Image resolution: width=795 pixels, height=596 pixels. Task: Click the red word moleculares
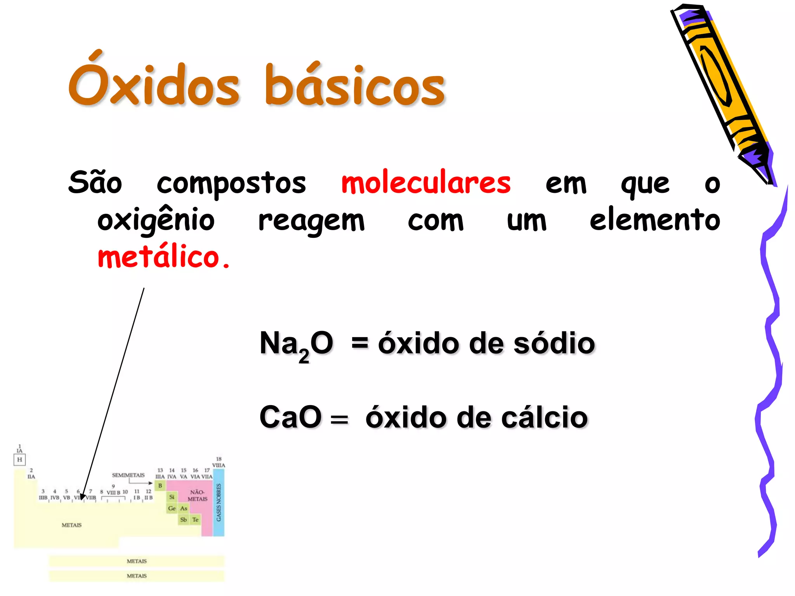click(x=426, y=183)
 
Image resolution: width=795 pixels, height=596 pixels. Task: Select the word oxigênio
click(x=156, y=220)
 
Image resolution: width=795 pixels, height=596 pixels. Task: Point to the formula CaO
click(x=290, y=418)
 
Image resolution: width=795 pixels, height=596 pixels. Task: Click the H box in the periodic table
click(x=19, y=460)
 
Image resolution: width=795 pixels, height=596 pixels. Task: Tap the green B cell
click(x=160, y=485)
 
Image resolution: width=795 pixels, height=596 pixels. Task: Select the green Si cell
click(x=172, y=497)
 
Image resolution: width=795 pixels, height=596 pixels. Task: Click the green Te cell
click(x=195, y=520)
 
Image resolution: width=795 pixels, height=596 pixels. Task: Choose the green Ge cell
click(x=172, y=508)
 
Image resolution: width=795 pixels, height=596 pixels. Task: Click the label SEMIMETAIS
click(x=128, y=475)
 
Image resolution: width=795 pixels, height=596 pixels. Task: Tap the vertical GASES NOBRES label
click(x=219, y=502)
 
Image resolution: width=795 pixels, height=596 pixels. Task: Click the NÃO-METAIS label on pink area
click(x=197, y=496)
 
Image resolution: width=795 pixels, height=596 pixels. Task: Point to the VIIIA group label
click(x=219, y=465)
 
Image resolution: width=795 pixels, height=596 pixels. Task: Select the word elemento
click(x=655, y=220)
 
